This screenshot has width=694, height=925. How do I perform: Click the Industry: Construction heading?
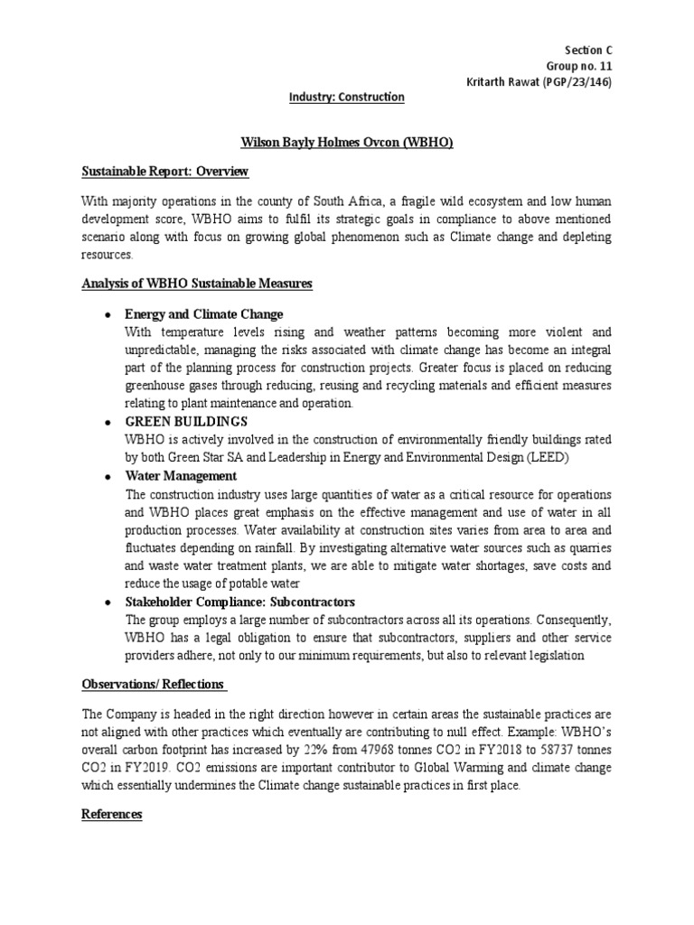point(346,97)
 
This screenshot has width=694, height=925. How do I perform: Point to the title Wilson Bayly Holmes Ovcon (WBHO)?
point(346,142)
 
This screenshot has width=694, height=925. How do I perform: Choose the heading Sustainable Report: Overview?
point(164,172)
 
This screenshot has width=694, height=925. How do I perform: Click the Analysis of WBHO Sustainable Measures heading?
point(196,284)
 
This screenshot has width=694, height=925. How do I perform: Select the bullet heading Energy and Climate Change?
point(205,314)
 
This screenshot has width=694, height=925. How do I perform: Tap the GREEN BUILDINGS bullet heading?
point(186,422)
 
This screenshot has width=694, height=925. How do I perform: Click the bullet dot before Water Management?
point(108,476)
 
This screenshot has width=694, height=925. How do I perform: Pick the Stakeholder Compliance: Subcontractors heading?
point(240,602)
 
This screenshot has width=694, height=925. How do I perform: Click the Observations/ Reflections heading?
point(153,685)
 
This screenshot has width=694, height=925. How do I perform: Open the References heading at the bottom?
point(112,814)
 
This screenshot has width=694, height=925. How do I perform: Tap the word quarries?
point(587,547)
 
